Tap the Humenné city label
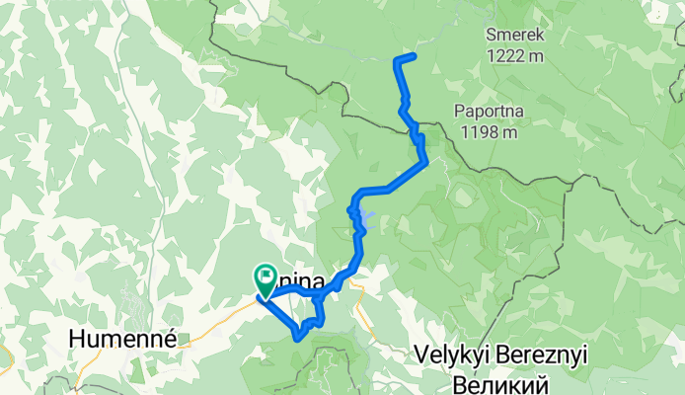click(x=121, y=339)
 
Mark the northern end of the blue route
click(x=414, y=55)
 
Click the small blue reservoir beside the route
click(x=366, y=217)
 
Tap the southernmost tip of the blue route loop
click(x=297, y=339)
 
